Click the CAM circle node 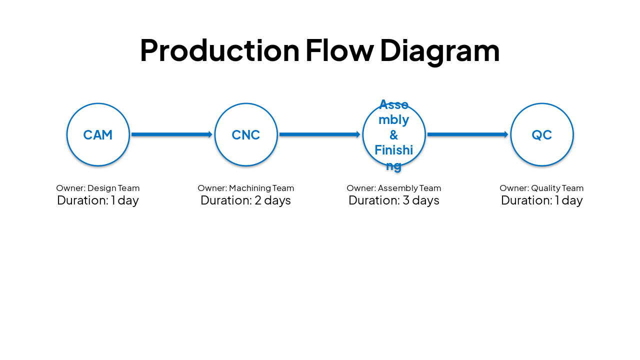[98, 134]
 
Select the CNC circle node [246, 134]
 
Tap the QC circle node [542, 134]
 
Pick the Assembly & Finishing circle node [394, 134]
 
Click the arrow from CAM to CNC [171, 134]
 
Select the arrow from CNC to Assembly [319, 134]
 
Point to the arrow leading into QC [467, 134]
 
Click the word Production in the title [219, 50]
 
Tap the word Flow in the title [339, 50]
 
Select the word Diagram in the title [439, 50]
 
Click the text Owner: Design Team [98, 188]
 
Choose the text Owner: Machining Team [246, 188]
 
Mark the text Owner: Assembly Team [394, 188]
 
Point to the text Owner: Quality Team [541, 188]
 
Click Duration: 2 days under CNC [246, 200]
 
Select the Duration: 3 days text [394, 200]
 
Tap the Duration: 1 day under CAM [98, 200]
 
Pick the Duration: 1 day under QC [542, 200]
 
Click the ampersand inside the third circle [394, 135]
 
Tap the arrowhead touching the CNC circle [210, 134]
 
